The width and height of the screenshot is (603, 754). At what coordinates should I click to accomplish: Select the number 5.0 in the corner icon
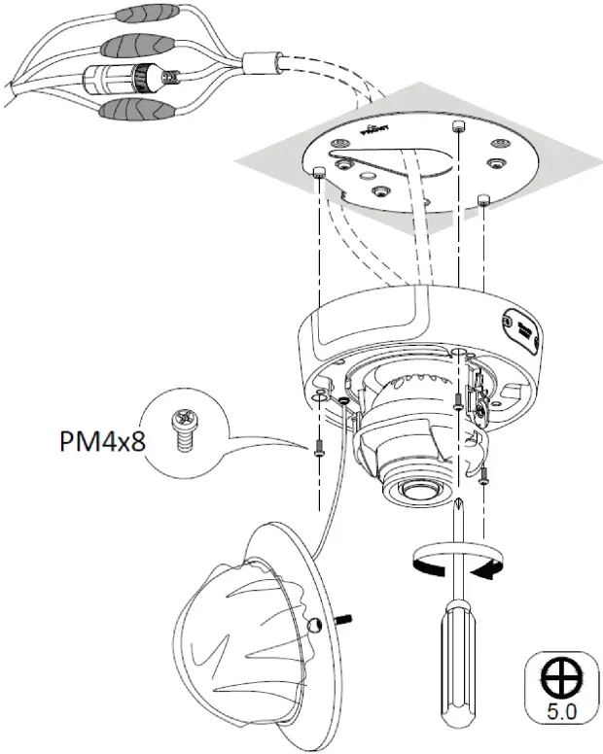(x=560, y=710)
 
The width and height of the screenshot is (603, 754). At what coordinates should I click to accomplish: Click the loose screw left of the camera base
(x=318, y=446)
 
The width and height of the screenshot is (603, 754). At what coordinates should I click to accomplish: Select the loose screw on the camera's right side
(x=483, y=472)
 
